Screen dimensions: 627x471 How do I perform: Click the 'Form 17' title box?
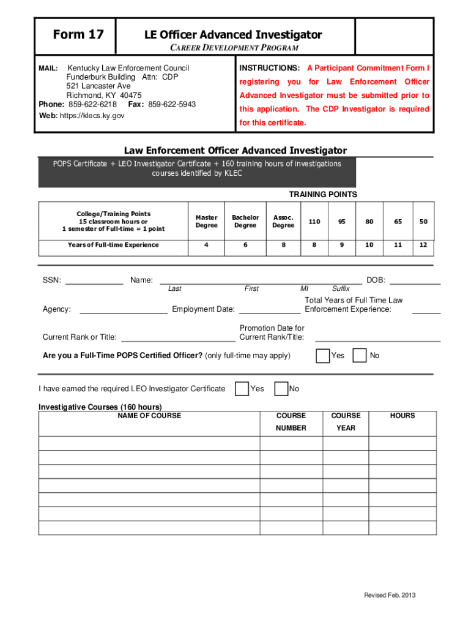78,35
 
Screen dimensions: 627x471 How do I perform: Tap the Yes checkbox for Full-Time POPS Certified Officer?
322,355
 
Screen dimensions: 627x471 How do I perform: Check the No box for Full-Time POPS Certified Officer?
360,355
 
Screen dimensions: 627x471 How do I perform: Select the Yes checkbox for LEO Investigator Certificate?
242,389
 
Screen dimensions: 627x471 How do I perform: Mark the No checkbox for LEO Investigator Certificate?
281,389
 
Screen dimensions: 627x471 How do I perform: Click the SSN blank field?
94,281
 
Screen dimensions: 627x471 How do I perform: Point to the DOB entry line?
415,281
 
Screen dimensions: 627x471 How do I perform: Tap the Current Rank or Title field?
178,337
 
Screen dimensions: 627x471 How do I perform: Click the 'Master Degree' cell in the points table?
206,222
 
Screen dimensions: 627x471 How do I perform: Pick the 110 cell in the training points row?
314,222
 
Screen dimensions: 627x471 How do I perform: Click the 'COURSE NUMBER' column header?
291,421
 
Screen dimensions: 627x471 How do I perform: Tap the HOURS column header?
402,416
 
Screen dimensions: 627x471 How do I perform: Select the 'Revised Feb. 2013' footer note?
390,596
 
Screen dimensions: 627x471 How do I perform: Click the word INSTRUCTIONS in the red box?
269,68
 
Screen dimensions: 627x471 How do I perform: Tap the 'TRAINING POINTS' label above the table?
323,195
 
